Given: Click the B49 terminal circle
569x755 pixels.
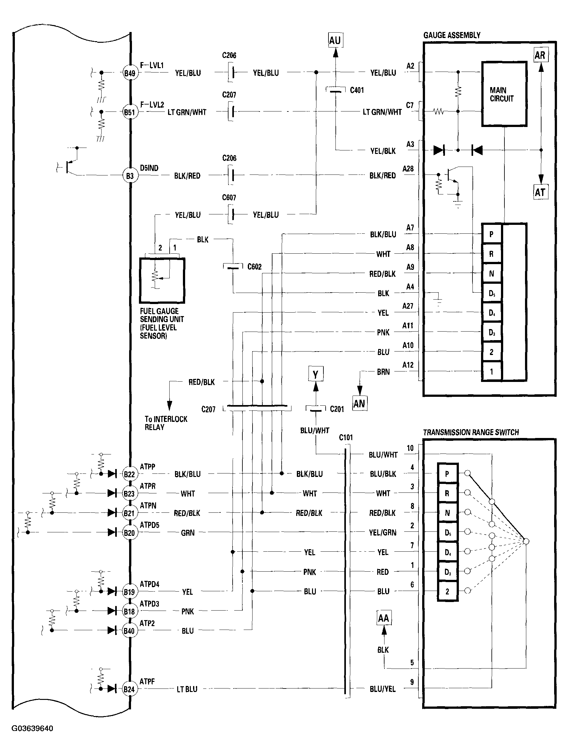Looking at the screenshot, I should [130, 73].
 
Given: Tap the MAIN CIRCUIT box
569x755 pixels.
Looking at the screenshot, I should [504, 94].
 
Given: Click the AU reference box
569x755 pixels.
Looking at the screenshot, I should [335, 41].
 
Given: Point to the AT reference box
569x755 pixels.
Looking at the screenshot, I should [540, 192].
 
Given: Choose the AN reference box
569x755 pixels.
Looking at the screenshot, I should [359, 404].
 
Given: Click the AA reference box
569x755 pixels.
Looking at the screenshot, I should [384, 618].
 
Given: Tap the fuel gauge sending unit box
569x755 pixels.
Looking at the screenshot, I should [162, 281].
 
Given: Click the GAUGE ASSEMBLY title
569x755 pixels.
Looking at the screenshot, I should [452, 35].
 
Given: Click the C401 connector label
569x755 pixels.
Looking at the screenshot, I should [357, 91].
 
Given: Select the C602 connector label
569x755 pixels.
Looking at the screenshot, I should [254, 267].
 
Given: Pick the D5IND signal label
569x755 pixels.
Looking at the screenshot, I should [149, 168].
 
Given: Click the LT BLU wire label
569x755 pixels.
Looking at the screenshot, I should [187, 689].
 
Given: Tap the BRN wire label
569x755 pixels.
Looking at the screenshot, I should [383, 372].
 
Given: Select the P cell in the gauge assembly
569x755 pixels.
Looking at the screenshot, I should [491, 234].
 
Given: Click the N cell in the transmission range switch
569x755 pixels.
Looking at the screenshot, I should [447, 513].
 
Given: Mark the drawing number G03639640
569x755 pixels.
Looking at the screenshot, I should [32, 729].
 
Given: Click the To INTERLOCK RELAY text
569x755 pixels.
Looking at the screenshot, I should [166, 423].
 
